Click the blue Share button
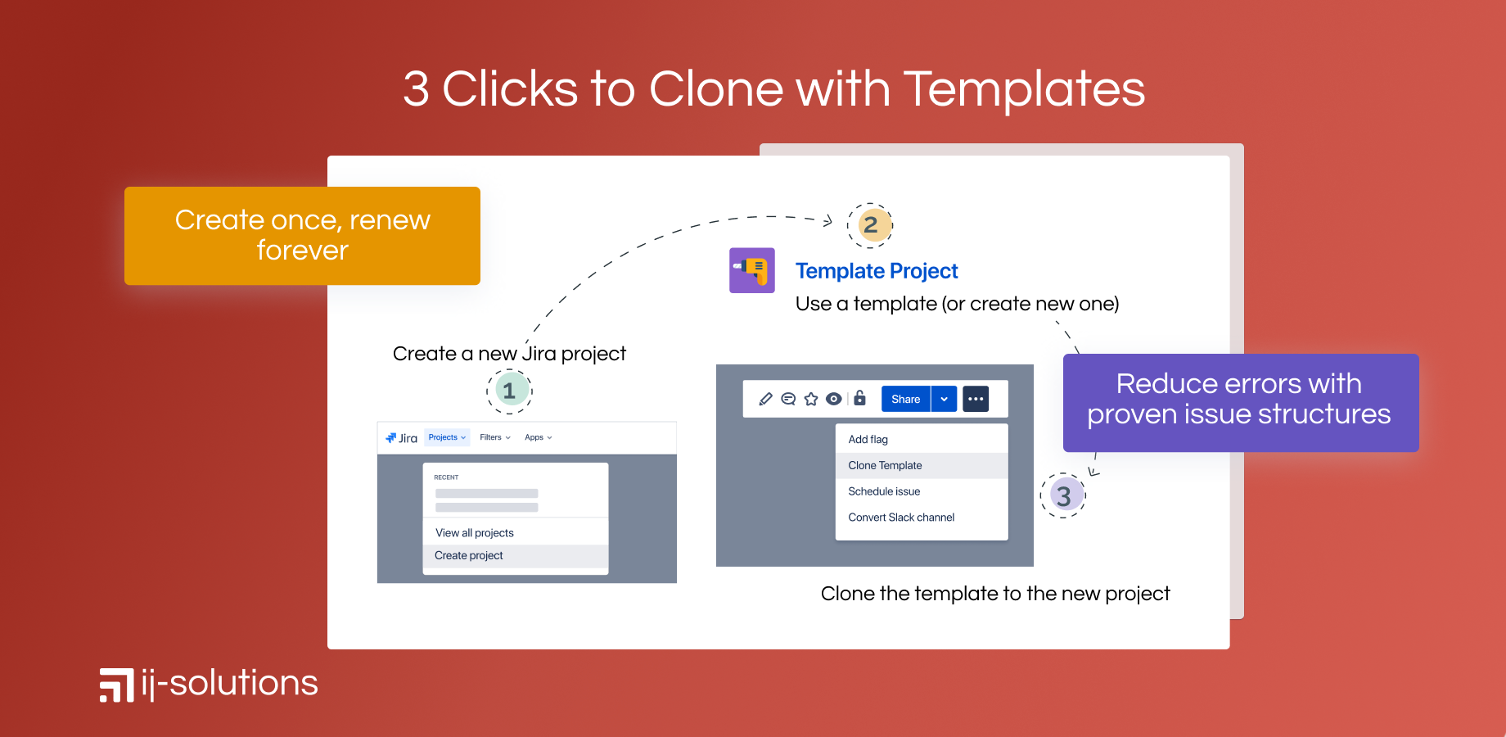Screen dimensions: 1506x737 906,399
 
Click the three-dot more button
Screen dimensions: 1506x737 976,399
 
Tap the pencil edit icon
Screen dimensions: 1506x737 765,399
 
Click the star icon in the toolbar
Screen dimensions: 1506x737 811,399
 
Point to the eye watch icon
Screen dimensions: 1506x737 833,399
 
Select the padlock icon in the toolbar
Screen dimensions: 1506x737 859,398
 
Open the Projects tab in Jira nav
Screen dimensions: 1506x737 447,437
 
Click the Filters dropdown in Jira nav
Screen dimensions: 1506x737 495,437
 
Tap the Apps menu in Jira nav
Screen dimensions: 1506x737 539,437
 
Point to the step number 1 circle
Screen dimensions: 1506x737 509,391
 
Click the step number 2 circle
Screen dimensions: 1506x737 870,224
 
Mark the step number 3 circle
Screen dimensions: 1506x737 1063,495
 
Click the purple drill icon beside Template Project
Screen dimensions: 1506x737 752,270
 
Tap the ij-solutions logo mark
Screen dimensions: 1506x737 117,685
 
